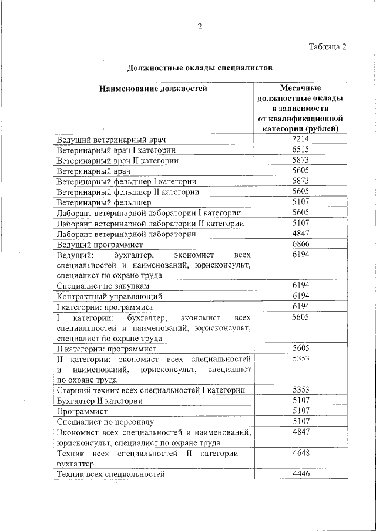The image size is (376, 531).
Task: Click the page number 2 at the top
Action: (x=199, y=26)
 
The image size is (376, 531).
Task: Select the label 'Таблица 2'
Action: (x=327, y=47)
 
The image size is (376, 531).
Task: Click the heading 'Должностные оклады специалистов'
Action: (x=200, y=67)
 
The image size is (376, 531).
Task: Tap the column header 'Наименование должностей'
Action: (x=153, y=89)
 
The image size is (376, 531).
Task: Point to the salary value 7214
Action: (x=300, y=139)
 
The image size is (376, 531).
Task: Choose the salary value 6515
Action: (x=300, y=150)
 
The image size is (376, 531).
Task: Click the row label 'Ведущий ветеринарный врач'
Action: (x=112, y=140)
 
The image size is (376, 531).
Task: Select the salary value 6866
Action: (x=300, y=243)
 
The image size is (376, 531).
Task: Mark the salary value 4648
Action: (x=300, y=453)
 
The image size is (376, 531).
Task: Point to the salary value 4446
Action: (x=300, y=473)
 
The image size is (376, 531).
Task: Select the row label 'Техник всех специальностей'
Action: (x=110, y=474)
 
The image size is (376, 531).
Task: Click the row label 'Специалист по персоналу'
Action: (x=105, y=421)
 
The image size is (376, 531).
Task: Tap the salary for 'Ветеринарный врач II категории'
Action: (x=300, y=160)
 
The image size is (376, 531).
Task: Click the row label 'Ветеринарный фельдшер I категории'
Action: (x=126, y=181)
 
